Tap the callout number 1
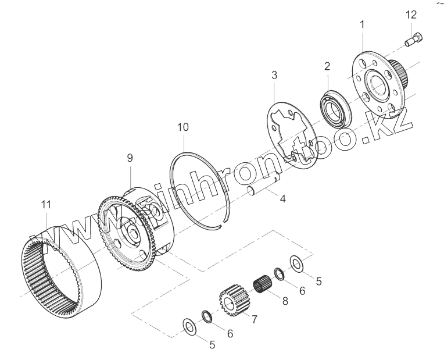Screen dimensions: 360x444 pyautogui.click(x=363, y=24)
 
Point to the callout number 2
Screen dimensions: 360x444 pyautogui.click(x=327, y=66)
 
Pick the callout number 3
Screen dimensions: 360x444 pyautogui.click(x=274, y=75)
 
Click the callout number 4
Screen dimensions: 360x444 pyautogui.click(x=282, y=199)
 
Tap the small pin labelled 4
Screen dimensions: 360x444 pyautogui.click(x=256, y=190)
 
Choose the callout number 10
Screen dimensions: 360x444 pyautogui.click(x=183, y=127)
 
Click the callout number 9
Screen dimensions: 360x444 pyautogui.click(x=130, y=157)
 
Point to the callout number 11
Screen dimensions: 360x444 pyautogui.click(x=46, y=204)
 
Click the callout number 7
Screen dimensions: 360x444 pyautogui.click(x=254, y=319)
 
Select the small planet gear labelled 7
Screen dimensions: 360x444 pyautogui.click(x=232, y=300)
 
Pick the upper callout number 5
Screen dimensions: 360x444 pyautogui.click(x=317, y=281)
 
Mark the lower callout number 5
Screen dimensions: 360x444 pyautogui.click(x=212, y=345)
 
